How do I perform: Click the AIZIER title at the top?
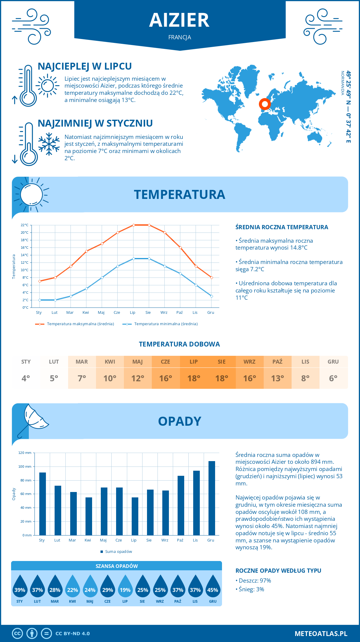[179, 20]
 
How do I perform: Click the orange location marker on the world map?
[265, 104]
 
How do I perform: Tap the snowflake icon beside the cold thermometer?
[49, 144]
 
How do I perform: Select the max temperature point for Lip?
[133, 225]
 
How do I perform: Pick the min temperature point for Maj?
[102, 277]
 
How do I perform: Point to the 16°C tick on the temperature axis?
[25, 247]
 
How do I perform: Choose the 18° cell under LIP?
[193, 378]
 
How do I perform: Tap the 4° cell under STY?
[26, 378]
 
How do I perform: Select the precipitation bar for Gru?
[212, 498]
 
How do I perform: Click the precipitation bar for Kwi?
[89, 516]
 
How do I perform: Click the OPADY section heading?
[179, 421]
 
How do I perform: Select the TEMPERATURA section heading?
[179, 194]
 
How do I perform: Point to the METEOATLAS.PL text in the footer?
[321, 634]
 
